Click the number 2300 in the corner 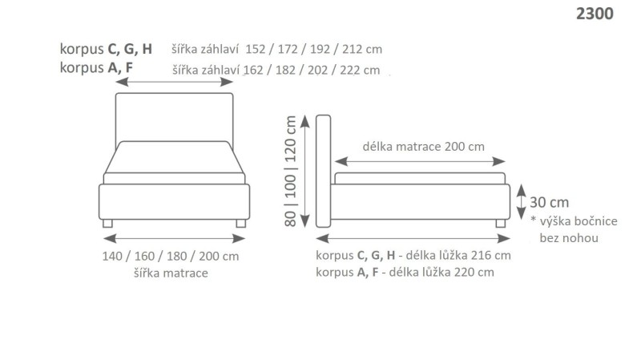595,14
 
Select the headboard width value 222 349,70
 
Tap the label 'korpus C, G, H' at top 106,49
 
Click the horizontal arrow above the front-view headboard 175,82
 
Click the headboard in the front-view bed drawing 175,116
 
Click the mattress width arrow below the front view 175,237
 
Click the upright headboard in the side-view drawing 324,171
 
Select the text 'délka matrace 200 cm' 423,147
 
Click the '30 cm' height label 550,203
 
